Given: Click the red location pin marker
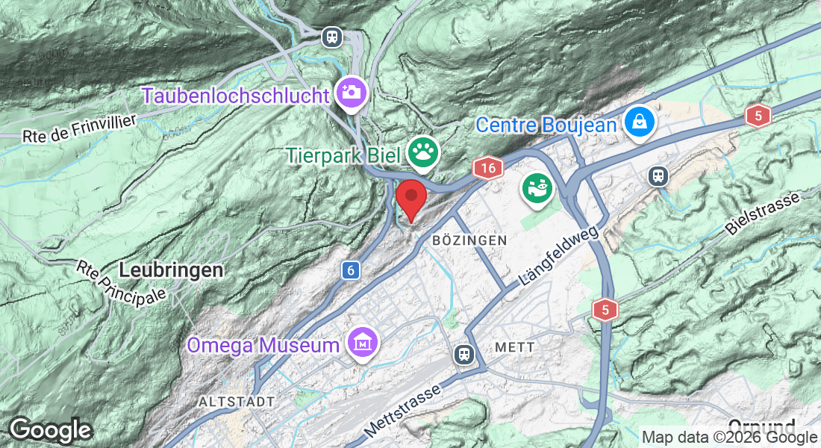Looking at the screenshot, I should tap(410, 198).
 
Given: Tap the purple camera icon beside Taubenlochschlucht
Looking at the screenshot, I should tap(350, 93).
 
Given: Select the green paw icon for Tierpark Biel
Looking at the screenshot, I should tap(423, 154).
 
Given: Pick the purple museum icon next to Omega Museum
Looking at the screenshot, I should tap(363, 343).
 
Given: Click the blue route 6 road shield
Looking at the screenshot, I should tap(350, 270).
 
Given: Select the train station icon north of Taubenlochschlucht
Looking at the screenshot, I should tap(331, 36).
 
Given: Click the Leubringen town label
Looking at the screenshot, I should tap(171, 270).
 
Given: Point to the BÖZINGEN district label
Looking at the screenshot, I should tap(469, 240).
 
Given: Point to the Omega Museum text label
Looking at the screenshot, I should tap(263, 345).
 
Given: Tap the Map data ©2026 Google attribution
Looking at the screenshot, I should tap(729, 438).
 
